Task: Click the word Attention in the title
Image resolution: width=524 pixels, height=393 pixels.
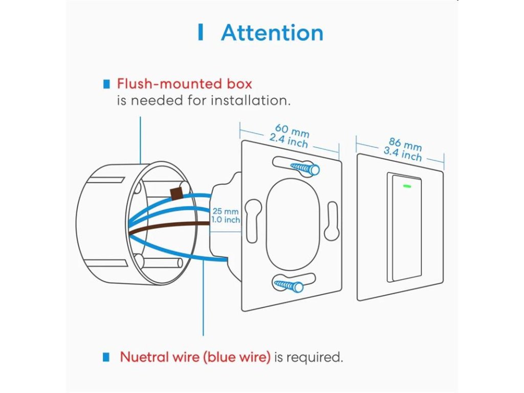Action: point(272,33)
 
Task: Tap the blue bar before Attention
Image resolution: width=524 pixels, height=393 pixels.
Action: point(201,32)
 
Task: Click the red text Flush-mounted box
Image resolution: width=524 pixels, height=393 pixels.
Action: point(184,83)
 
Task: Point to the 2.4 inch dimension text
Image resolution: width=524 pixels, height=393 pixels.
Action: point(289,141)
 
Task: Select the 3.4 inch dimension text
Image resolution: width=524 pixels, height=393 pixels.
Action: point(403,152)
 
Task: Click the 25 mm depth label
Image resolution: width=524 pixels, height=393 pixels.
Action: point(226,211)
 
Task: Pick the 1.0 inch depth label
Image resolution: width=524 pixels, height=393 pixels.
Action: point(226,220)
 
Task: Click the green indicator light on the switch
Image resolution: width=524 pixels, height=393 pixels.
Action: point(408,185)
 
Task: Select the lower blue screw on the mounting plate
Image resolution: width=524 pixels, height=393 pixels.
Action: point(290,285)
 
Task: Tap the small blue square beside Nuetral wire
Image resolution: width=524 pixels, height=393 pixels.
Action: point(106,357)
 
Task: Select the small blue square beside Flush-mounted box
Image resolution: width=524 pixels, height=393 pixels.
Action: point(106,83)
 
